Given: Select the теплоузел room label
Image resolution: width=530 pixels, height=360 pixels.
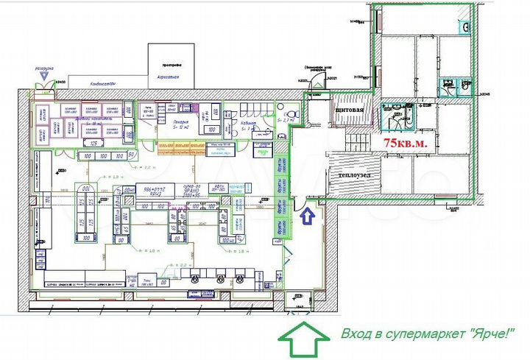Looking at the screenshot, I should point(355,177).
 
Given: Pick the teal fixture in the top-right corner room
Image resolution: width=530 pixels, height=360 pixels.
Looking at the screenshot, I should point(465,27).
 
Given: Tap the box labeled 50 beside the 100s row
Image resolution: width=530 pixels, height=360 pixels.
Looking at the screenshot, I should point(130,155).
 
